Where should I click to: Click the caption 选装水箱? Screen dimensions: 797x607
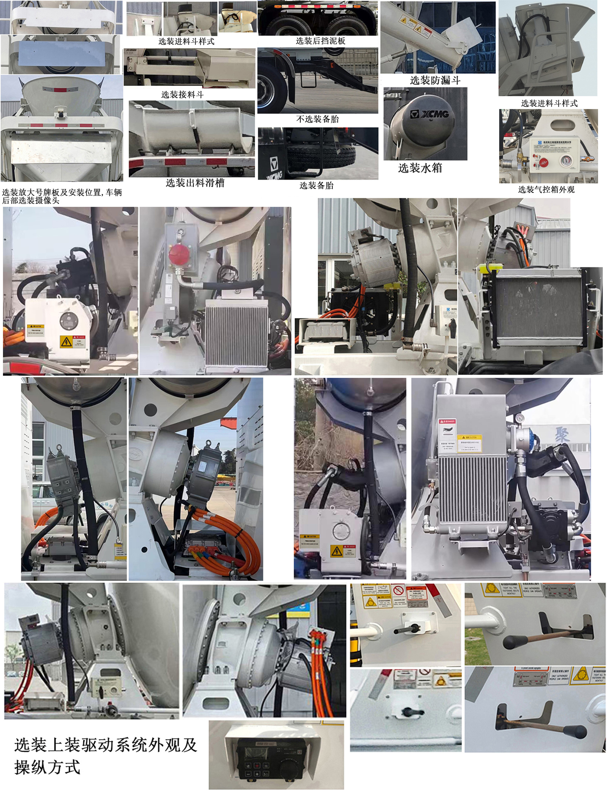pos(420,168)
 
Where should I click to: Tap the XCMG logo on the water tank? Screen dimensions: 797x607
pos(430,114)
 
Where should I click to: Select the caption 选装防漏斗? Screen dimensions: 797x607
pos(435,80)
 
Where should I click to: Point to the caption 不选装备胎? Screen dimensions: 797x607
pos(317,119)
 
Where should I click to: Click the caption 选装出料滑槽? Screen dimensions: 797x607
pos(195,183)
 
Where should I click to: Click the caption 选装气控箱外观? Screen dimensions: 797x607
pos(546,190)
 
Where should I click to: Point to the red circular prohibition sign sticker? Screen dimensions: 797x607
pos(399,591)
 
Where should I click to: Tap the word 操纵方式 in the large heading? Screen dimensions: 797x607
pos(47,767)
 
